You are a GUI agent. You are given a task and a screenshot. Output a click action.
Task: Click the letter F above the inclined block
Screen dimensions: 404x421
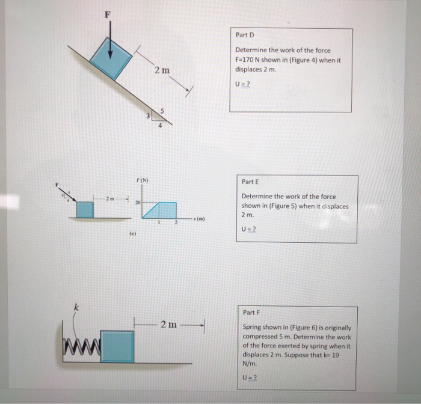[108, 15]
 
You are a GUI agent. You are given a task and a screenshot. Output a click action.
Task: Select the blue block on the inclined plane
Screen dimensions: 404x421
[111, 57]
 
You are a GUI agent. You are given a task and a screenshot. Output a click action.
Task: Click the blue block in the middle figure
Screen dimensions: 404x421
[85, 209]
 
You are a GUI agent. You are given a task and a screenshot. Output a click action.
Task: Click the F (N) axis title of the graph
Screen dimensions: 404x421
[142, 180]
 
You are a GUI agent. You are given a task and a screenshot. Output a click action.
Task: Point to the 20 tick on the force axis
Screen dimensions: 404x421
[137, 203]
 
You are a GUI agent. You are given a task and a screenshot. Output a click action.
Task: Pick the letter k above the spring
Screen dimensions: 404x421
[76, 308]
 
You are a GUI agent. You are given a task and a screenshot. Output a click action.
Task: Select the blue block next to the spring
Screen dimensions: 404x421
[117, 346]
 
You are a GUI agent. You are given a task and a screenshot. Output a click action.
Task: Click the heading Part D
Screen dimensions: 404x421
[245, 35]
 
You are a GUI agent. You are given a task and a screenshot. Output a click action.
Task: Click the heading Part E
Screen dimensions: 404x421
[250, 182]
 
